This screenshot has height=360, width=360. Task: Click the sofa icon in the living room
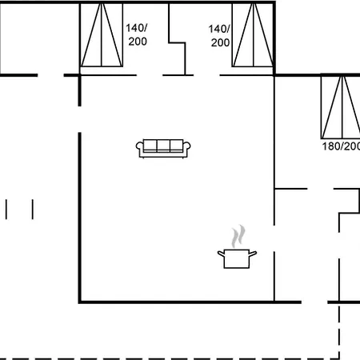[163, 149]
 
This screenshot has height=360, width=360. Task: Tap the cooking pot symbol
[237, 258]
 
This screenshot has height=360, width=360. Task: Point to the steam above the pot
[238, 236]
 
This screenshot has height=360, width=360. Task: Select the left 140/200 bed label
[137, 34]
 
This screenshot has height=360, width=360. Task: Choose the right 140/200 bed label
[219, 36]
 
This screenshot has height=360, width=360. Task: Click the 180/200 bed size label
[341, 146]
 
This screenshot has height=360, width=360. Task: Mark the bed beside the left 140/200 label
[102, 35]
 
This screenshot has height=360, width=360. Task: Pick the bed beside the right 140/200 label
[253, 35]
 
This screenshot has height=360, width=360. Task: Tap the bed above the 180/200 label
[341, 106]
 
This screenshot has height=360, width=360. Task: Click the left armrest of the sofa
[139, 147]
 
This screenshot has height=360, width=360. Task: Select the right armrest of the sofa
[186, 147]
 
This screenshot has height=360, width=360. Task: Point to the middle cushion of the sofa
[163, 146]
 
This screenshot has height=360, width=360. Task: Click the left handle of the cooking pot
[221, 254]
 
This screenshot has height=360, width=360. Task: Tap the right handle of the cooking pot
[253, 253]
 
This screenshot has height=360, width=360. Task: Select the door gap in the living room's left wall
[79, 119]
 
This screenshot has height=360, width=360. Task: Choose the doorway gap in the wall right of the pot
[274, 238]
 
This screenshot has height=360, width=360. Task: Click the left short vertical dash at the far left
[6, 210]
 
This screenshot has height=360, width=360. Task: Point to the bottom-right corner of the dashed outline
[339, 359]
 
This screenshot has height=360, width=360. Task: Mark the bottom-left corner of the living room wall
[79, 302]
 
